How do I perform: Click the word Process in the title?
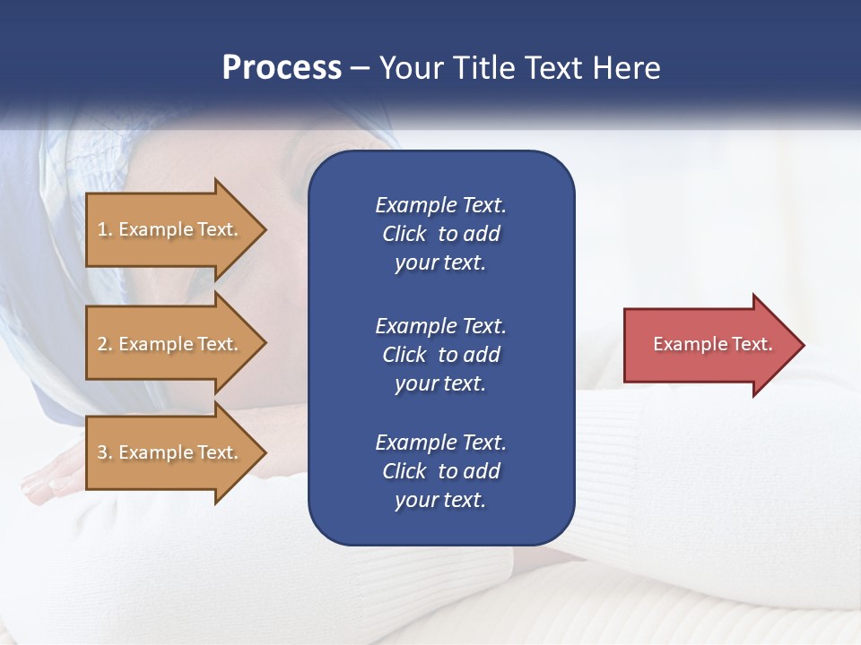[x=282, y=68]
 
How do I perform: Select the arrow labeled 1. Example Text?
[x=170, y=229]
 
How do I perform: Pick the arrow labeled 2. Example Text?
[x=170, y=344]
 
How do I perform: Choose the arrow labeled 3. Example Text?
[x=170, y=452]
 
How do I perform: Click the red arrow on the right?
[x=709, y=344]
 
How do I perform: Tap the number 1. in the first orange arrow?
[x=105, y=229]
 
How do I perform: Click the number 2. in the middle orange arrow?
[x=105, y=344]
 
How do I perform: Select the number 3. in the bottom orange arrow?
[x=105, y=452]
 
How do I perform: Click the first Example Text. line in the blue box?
[x=440, y=205]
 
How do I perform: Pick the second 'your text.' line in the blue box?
[x=440, y=383]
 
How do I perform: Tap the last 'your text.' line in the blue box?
[x=440, y=500]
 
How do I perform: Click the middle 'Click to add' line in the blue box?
[x=440, y=355]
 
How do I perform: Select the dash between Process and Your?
[x=360, y=69]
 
